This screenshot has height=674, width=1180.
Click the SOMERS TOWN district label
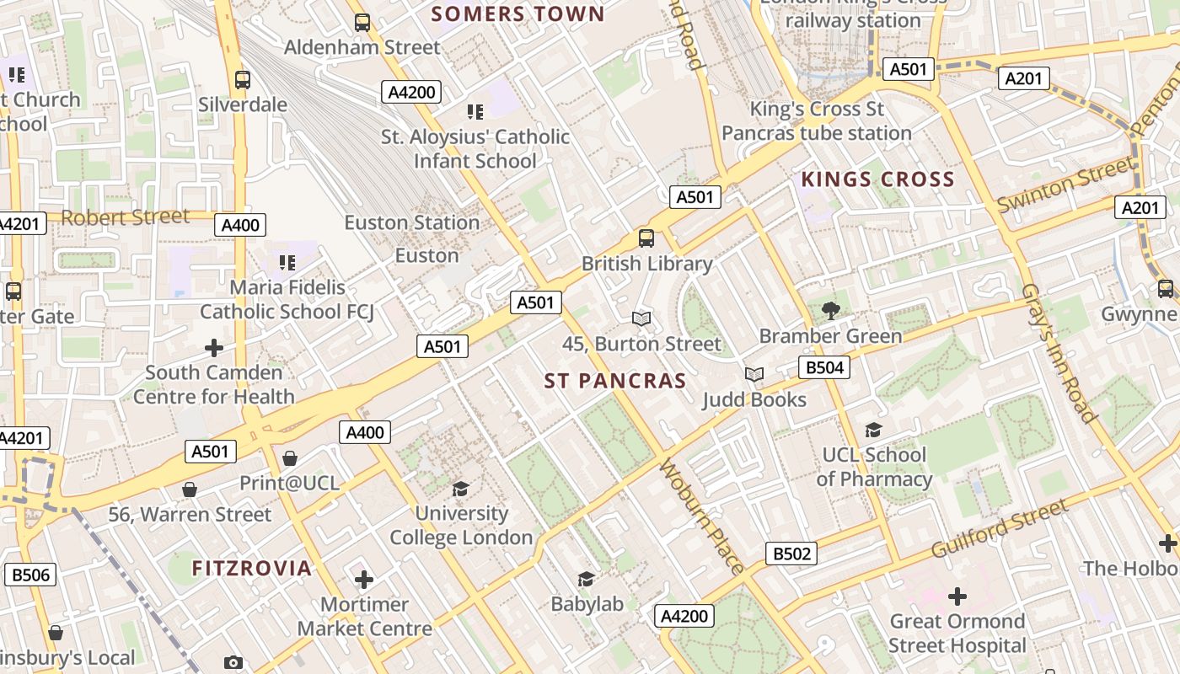(x=518, y=13)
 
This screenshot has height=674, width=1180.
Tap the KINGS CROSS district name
(x=877, y=179)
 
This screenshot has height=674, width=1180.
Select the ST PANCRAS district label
(x=615, y=381)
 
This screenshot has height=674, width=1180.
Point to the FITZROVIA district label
(x=252, y=568)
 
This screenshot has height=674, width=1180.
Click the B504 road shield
(x=823, y=367)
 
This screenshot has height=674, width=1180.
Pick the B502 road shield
(x=791, y=554)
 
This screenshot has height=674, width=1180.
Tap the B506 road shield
(x=30, y=575)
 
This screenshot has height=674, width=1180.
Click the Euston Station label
(x=411, y=223)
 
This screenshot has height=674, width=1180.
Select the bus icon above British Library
(x=646, y=238)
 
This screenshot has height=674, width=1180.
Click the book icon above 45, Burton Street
(x=641, y=318)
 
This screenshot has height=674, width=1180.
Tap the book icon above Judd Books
(x=754, y=374)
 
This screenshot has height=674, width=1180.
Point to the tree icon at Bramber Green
(x=830, y=310)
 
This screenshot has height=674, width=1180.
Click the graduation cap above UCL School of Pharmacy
(x=873, y=430)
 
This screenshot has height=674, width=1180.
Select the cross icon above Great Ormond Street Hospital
(x=957, y=596)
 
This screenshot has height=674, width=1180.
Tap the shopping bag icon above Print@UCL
(x=290, y=458)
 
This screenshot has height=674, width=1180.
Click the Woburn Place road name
(x=701, y=516)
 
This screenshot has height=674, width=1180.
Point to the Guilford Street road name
(x=1000, y=528)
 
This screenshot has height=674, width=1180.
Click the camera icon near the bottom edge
(x=233, y=663)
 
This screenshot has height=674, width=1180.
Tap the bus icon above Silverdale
(x=243, y=80)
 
